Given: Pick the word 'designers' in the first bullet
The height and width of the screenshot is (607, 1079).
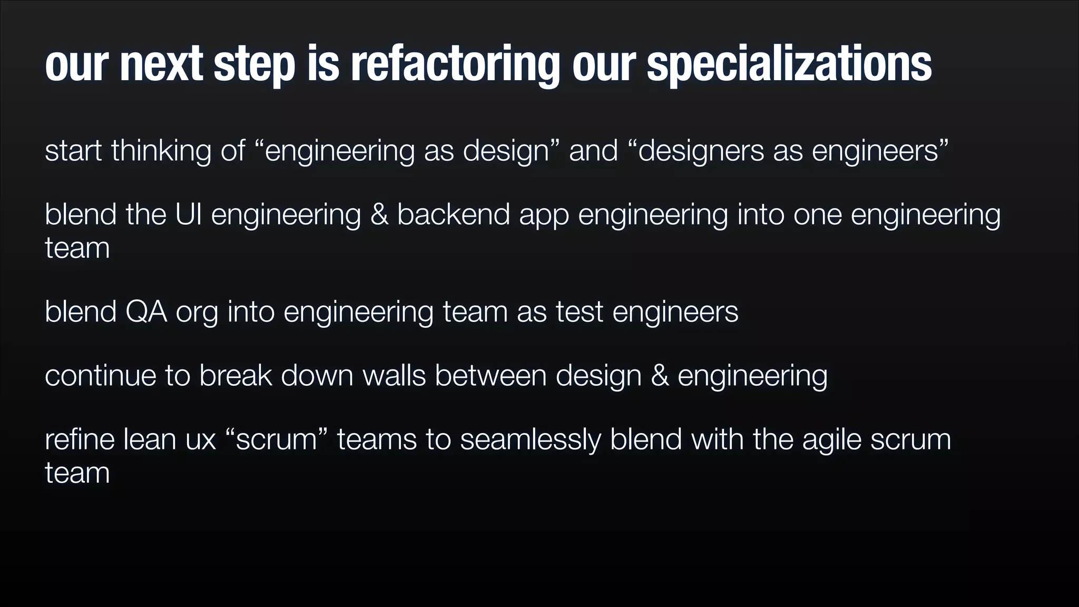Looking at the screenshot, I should pyautogui.click(x=701, y=151).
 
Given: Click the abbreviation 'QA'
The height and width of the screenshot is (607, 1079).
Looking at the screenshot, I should pyautogui.click(x=146, y=311).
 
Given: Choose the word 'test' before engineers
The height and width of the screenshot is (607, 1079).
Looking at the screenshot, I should pyautogui.click(x=579, y=311).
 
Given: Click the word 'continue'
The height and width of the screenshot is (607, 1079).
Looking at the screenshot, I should pyautogui.click(x=100, y=376).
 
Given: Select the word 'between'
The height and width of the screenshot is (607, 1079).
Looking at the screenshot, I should pyautogui.click(x=491, y=376).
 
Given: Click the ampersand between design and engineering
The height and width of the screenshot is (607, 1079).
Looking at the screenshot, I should pyautogui.click(x=660, y=376).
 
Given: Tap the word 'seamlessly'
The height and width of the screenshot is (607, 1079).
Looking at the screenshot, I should pyautogui.click(x=530, y=439).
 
